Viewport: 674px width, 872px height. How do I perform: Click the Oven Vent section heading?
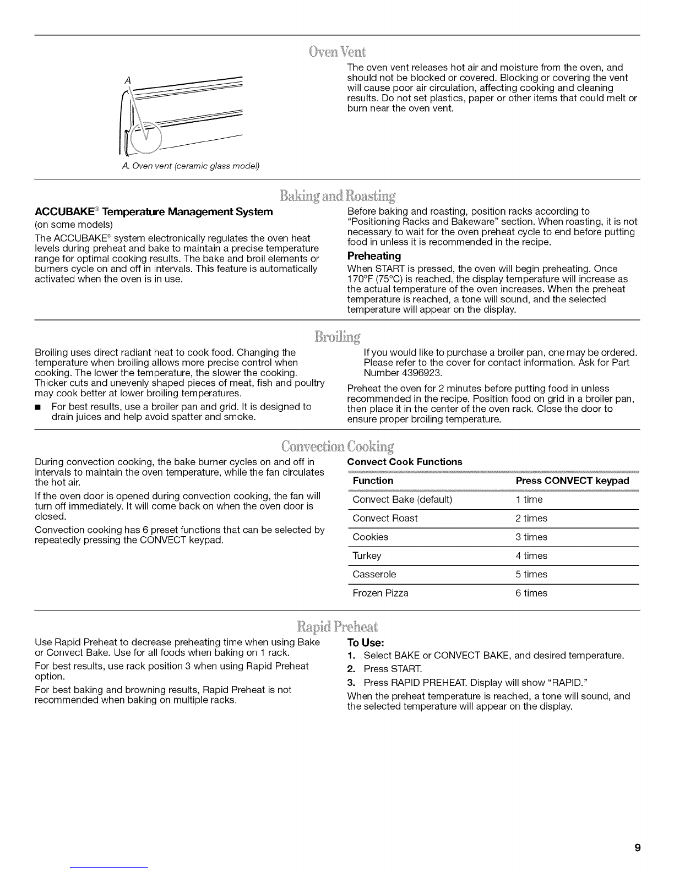tap(338, 52)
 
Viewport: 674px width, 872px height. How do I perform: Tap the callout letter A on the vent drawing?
tap(128, 80)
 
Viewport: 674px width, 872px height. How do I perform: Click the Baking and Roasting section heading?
tap(338, 196)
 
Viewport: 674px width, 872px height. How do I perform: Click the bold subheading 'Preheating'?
tap(374, 256)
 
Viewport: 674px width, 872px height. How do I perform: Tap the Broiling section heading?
tap(338, 336)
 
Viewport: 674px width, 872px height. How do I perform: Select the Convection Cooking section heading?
tap(338, 445)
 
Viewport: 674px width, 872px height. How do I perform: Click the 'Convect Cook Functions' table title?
tap(405, 461)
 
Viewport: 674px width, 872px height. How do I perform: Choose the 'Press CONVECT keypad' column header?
tap(572, 481)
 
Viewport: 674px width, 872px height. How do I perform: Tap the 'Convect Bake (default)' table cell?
tap(402, 499)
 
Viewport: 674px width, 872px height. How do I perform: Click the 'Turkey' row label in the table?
tap(367, 555)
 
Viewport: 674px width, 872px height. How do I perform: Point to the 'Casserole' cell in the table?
tap(374, 574)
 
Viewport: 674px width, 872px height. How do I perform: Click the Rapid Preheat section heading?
tap(338, 627)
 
